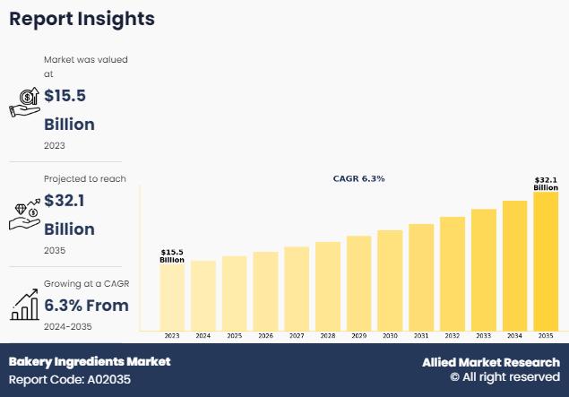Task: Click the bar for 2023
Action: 172,297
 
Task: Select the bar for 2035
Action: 546,261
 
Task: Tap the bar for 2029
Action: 358,283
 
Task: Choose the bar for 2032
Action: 452,273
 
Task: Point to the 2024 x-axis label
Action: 203,336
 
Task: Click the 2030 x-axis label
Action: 390,336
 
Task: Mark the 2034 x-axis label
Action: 514,336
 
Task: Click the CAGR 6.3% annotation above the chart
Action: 358,179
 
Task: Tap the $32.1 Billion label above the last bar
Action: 546,183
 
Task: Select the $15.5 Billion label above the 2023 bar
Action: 172,255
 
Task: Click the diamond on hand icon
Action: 24,213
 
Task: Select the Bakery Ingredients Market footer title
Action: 90,362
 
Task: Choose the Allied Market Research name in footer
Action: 492,362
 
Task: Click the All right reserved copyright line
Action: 505,378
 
